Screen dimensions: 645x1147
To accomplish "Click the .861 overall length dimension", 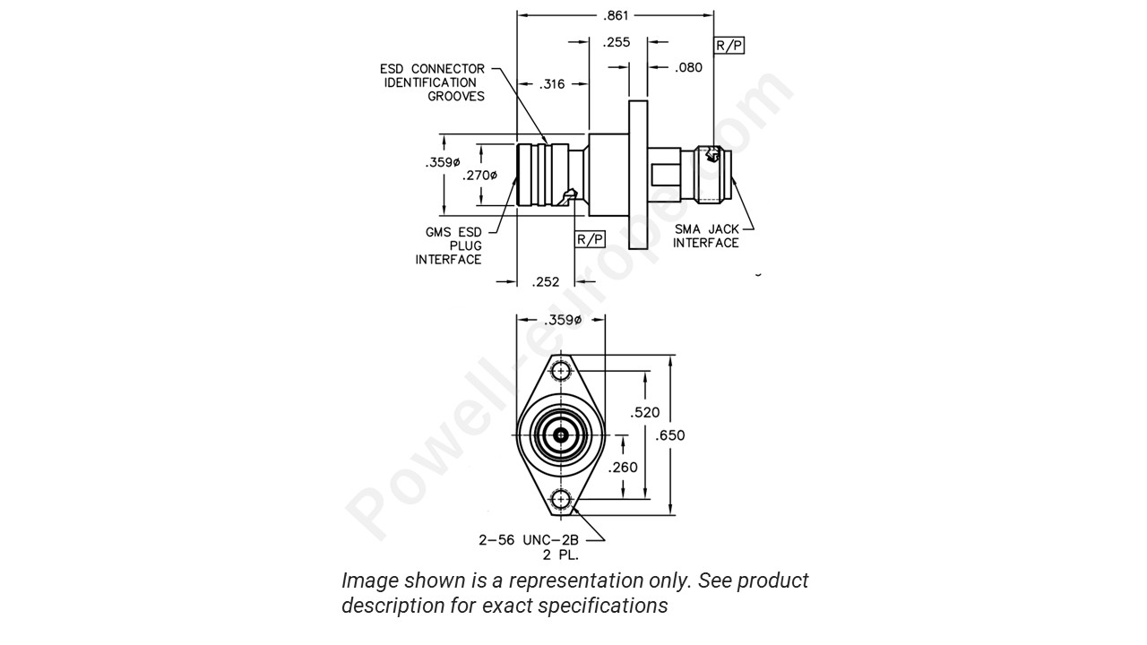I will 617,15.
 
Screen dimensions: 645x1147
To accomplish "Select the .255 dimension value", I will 617,41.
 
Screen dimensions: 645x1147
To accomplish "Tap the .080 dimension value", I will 689,67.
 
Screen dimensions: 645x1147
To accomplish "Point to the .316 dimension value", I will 553,84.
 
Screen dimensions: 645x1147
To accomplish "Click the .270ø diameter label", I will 479,176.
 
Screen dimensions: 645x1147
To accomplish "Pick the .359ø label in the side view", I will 443,163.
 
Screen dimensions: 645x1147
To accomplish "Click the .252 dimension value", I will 545,281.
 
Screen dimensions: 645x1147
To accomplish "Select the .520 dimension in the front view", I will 645,412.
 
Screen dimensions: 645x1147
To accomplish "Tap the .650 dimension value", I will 670,435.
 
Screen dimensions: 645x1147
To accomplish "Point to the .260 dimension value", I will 623,468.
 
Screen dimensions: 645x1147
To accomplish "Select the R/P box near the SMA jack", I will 729,45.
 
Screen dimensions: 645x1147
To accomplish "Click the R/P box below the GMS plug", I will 590,239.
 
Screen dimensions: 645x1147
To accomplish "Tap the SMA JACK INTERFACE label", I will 706,236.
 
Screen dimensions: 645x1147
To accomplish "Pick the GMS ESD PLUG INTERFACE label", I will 451,245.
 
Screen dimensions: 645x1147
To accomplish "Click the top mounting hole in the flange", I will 561,371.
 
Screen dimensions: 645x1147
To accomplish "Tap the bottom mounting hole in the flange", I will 561,500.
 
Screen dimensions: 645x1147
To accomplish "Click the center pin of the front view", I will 561,435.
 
